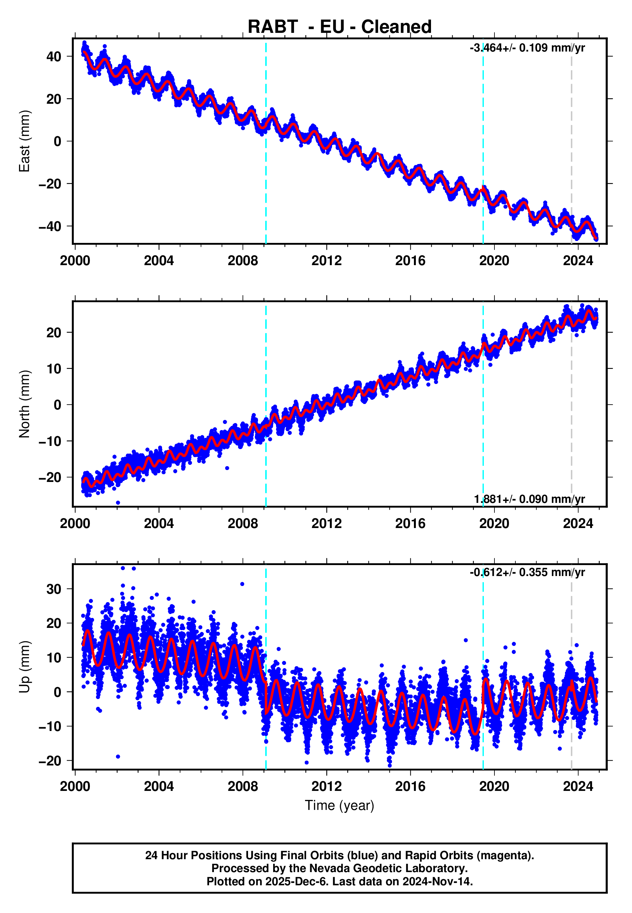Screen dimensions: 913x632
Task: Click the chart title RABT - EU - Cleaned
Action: coord(340,27)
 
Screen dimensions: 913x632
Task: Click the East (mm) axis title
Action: coord(24,141)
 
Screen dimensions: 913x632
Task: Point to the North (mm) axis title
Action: coord(24,404)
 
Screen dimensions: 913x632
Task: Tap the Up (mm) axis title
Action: coord(24,667)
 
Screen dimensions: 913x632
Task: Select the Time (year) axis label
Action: coord(340,805)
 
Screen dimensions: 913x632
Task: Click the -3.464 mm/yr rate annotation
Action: coord(527,48)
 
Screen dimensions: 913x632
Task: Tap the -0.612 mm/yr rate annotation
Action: coord(527,572)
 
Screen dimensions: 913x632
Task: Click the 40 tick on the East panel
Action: coord(54,56)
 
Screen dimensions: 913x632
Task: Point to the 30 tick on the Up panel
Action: coord(54,589)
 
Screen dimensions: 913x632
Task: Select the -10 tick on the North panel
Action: coord(50,441)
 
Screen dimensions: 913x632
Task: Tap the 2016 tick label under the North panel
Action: coord(410,524)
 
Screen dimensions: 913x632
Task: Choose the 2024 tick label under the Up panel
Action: coord(578,787)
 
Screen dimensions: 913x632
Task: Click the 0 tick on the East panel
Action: coord(57,141)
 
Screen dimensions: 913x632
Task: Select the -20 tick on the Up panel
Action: coord(50,761)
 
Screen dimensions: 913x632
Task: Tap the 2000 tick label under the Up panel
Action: coord(75,787)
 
